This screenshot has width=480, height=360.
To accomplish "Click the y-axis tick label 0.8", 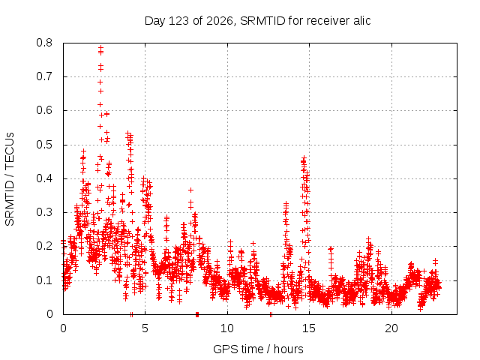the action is (44, 43).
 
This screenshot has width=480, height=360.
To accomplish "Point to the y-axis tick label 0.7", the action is (44, 76).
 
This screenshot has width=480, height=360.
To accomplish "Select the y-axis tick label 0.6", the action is (44, 110).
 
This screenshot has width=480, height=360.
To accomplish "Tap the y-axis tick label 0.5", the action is (44, 145).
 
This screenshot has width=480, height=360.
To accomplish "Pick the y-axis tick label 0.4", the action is (44, 178).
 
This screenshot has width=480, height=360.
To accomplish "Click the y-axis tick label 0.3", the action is (44, 212).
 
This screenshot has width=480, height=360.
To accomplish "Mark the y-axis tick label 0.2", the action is (44, 246).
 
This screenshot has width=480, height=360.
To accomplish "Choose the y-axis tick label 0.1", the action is (44, 280).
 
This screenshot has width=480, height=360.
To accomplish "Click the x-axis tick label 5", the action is (145, 328).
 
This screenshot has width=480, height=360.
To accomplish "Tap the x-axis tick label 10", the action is (227, 328).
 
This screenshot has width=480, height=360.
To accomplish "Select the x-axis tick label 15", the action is (309, 328).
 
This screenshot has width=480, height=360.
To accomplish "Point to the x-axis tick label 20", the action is (391, 328).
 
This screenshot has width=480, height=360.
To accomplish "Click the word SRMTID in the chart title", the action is (263, 21).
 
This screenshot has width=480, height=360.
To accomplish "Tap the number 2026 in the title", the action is (220, 21).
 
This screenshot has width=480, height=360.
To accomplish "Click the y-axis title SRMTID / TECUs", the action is (10, 179).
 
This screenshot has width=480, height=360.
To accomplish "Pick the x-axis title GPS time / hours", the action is (258, 349).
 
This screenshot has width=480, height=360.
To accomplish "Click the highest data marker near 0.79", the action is (100, 47).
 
